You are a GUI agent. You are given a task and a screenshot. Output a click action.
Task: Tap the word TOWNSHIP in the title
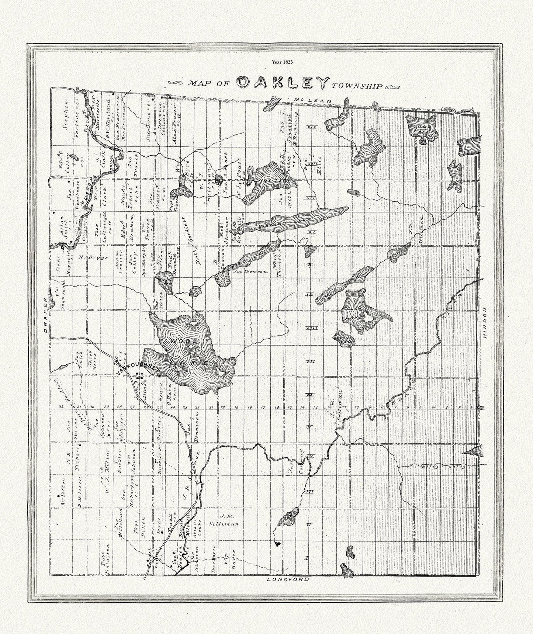356,87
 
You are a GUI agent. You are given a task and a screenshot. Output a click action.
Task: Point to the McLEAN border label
314,100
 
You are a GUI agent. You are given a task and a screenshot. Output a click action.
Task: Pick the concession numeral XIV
313,128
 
